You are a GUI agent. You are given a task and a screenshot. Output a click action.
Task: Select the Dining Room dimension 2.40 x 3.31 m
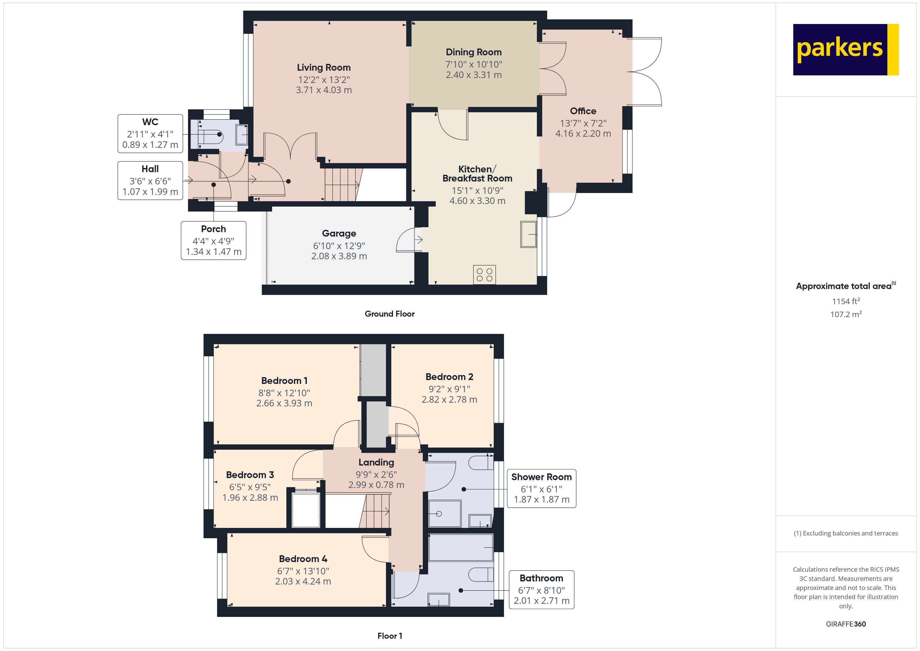[474, 75]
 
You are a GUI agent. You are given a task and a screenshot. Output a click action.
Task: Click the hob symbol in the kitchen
[485, 275]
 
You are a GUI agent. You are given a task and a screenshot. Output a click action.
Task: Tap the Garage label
[339, 233]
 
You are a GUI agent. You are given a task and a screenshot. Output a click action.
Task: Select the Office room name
[583, 111]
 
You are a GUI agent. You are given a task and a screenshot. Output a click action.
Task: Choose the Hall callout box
[150, 180]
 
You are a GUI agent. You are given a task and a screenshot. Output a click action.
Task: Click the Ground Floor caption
[390, 314]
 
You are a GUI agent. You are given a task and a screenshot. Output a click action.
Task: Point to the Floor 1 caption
[390, 636]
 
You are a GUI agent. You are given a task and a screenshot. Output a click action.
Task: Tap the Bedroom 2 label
[449, 377]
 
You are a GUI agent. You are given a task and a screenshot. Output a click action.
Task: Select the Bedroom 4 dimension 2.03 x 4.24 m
[303, 581]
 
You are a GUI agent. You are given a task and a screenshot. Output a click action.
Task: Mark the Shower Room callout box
[541, 488]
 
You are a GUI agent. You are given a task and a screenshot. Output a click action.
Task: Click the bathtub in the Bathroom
[461, 547]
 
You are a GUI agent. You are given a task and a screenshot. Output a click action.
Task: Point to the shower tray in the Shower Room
[445, 514]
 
